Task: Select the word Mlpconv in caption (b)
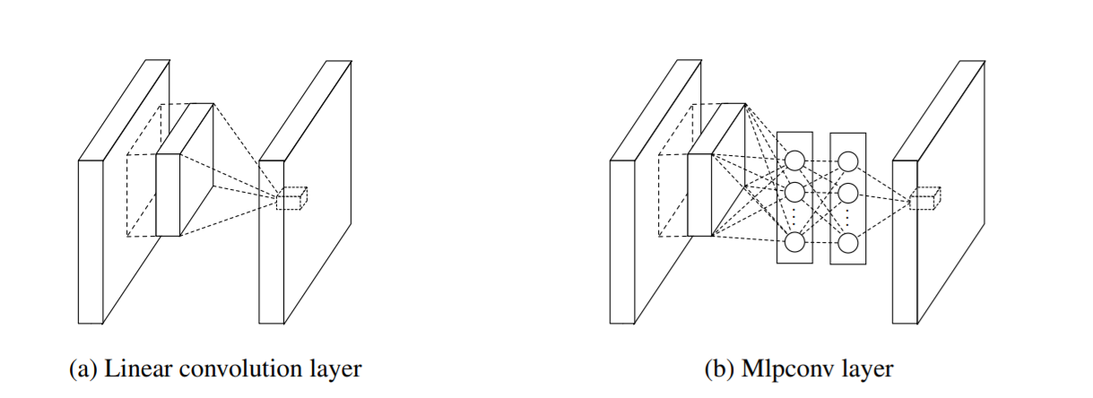pos(776,368)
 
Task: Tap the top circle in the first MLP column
pos(794,160)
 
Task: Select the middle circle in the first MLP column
pos(794,193)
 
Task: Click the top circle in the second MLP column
pos(848,160)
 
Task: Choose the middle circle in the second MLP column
pos(848,193)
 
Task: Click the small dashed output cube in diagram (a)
pos(291,200)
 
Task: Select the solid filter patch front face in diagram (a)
pos(168,195)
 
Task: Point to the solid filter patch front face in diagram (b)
pos(699,195)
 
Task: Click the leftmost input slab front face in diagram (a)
pos(91,241)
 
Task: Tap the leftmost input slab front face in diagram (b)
pos(622,241)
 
